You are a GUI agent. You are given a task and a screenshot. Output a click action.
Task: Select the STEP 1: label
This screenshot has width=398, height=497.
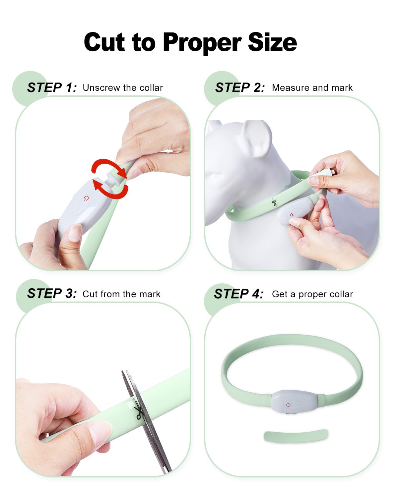52,88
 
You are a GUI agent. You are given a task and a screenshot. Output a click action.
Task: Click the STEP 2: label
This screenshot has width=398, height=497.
240,88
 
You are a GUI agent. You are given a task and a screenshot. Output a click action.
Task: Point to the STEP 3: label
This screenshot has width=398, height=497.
52,294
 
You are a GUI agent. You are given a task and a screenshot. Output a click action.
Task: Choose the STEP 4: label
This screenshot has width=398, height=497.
239,294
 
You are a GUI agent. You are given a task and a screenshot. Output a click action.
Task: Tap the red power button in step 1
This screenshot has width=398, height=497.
86,198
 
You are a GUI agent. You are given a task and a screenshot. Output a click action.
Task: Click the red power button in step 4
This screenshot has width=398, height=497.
288,405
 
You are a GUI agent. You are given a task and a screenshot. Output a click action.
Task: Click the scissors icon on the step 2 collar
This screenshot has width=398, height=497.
274,203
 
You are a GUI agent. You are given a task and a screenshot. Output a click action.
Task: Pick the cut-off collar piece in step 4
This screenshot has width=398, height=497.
296,436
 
